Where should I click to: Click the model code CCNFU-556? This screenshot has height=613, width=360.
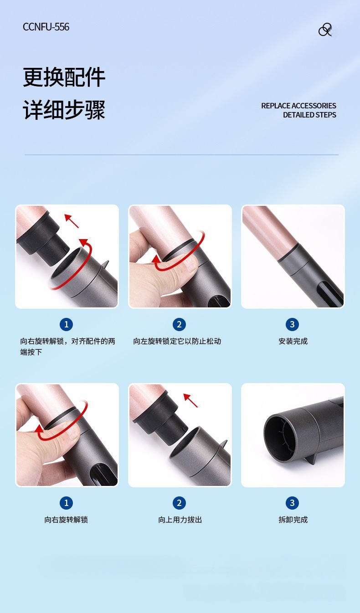pos(46,27)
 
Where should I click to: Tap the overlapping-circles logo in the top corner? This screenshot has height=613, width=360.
pos(325,30)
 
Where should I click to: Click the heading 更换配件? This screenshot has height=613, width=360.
pos(64,77)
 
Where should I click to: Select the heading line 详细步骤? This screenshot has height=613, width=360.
pos(64,110)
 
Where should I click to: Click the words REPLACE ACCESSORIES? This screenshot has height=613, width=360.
pos(298,106)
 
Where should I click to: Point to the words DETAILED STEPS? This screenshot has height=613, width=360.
pos(309,115)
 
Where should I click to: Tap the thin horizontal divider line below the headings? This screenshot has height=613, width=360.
pos(181,155)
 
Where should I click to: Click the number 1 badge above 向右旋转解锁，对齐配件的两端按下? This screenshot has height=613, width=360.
pos(66,324)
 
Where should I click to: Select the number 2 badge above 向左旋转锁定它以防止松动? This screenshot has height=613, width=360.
pos(179,324)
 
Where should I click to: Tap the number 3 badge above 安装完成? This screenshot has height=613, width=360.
pos(292,324)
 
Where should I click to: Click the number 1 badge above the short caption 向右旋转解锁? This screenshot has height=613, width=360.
pos(66,503)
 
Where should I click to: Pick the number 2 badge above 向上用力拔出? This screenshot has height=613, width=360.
pos(179,503)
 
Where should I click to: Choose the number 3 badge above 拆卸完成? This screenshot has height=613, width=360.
pos(292,503)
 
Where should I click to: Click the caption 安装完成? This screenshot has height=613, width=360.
pos(293,341)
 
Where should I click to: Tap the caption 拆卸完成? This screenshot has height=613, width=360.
pos(293,520)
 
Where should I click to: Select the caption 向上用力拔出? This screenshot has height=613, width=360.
pos(180,520)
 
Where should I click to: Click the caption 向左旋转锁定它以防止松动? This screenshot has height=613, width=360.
pos(177,341)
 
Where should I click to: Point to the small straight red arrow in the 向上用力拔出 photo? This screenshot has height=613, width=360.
pos(190,400)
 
